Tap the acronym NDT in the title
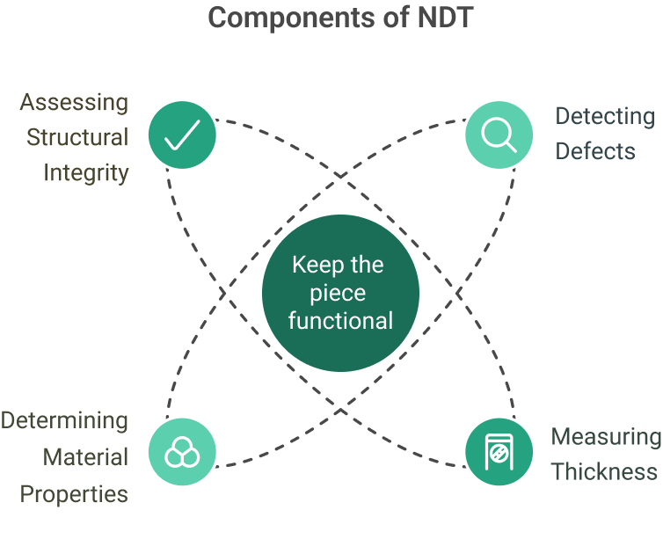pyautogui.click(x=440, y=16)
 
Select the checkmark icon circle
pyautogui.click(x=182, y=135)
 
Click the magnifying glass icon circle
pyautogui.click(x=499, y=135)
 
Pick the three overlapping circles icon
pyautogui.click(x=182, y=451)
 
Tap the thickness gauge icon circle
pyautogui.click(x=499, y=451)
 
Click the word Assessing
pyautogui.click(x=74, y=102)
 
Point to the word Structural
pyautogui.click(x=77, y=137)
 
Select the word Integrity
pyautogui.click(x=86, y=172)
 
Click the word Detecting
pyautogui.click(x=605, y=116)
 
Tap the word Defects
pyautogui.click(x=595, y=151)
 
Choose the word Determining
pyautogui.click(x=64, y=420)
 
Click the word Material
pyautogui.click(x=86, y=457)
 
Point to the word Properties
pyautogui.click(x=74, y=494)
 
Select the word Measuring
pyautogui.click(x=607, y=436)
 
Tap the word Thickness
pyautogui.click(x=604, y=471)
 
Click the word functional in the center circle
pyautogui.click(x=340, y=320)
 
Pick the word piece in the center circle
pyautogui.click(x=340, y=293)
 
